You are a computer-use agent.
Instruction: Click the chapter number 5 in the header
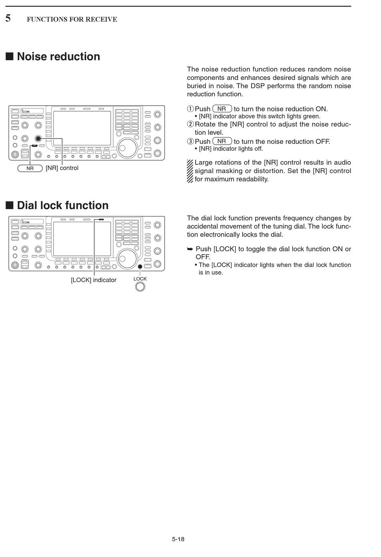point(8,18)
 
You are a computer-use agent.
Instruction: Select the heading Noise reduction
point(58,57)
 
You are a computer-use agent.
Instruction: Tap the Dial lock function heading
point(63,206)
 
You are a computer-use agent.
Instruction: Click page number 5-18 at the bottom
point(178,539)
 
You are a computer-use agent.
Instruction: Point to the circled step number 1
point(190,109)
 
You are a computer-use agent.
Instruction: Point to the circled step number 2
point(190,124)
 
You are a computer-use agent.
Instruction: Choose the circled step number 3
point(190,141)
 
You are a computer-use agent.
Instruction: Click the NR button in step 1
point(222,109)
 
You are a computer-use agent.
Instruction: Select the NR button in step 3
point(222,141)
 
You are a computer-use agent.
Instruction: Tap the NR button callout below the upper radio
point(30,168)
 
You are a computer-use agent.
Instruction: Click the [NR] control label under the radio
point(62,168)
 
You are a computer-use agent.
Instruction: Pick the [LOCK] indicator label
point(93,280)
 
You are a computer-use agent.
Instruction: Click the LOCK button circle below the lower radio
point(140,287)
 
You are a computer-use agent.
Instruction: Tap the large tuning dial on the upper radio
point(127,148)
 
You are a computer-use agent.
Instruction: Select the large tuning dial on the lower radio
point(127,258)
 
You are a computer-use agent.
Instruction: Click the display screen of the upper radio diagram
point(82,128)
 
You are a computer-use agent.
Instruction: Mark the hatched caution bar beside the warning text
point(190,171)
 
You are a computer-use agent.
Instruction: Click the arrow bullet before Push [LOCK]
point(190,249)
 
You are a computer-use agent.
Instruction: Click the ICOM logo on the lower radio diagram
point(26,222)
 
